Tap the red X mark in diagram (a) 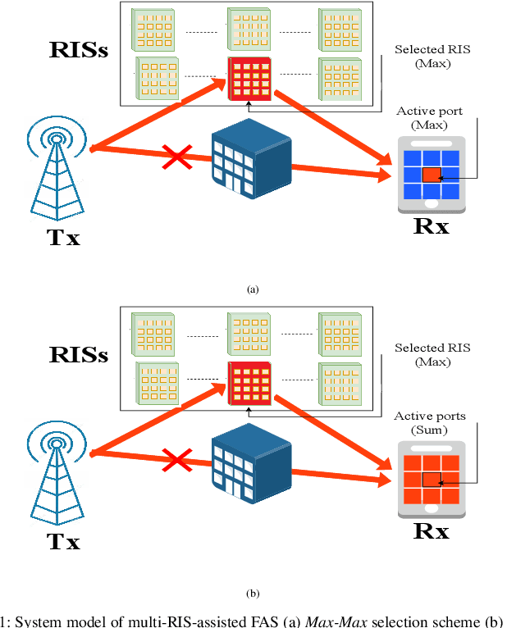pyautogui.click(x=176, y=155)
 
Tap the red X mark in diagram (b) pyautogui.click(x=176, y=460)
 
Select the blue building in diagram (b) pyautogui.click(x=251, y=464)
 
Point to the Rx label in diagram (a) pyautogui.click(x=431, y=226)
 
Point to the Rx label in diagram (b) pyautogui.click(x=431, y=530)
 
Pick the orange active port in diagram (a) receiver pyautogui.click(x=432, y=174)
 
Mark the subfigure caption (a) pyautogui.click(x=253, y=289)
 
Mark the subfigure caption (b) pyautogui.click(x=253, y=593)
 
